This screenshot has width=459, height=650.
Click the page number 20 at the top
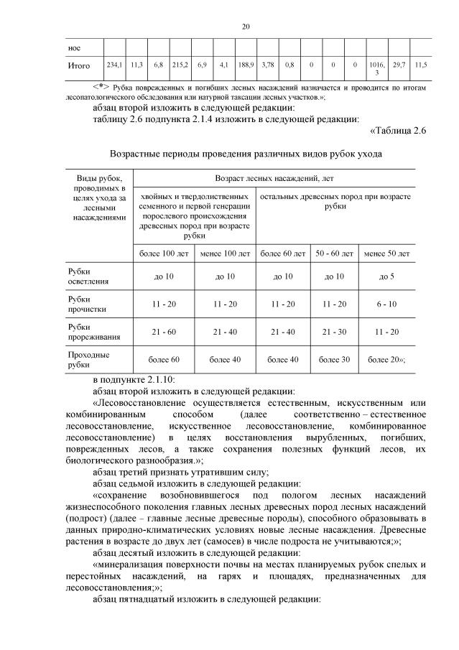[x=245, y=27]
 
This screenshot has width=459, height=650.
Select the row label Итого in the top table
[x=78, y=66]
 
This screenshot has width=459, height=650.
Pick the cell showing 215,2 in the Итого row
[x=180, y=65]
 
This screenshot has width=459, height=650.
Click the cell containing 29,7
[x=399, y=65]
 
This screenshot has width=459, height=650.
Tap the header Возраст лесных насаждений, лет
[x=274, y=177]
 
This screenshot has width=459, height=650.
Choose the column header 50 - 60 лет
[x=335, y=254]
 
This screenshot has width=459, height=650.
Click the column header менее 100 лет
[x=225, y=254]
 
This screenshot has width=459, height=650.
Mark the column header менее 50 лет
[x=387, y=254]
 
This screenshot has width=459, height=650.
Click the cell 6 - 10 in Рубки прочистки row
[x=387, y=304]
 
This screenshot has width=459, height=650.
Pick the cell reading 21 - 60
[x=164, y=331]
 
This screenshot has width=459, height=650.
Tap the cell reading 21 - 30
[x=335, y=331]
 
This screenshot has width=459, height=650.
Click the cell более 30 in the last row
[x=335, y=359]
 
